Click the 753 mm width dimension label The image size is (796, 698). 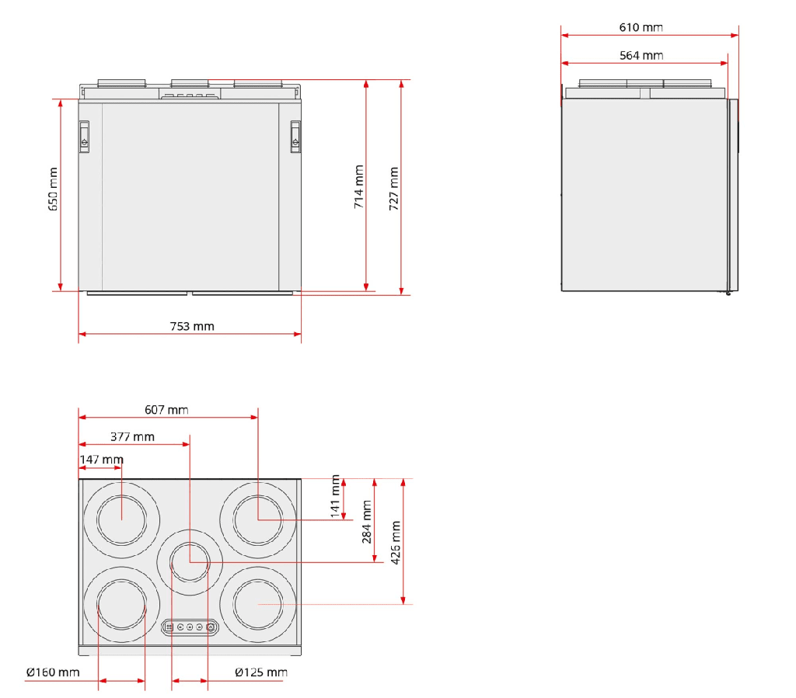(x=192, y=326)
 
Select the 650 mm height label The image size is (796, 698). (x=53, y=189)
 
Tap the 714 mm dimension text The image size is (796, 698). (x=359, y=186)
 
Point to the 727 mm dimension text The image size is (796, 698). (x=394, y=189)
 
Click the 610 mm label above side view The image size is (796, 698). (x=641, y=27)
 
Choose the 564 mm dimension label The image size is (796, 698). (x=641, y=55)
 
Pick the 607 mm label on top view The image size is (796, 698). (x=166, y=410)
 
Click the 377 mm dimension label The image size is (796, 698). (x=132, y=436)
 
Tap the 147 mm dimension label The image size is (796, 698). (x=102, y=459)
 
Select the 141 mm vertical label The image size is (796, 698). (x=335, y=496)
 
